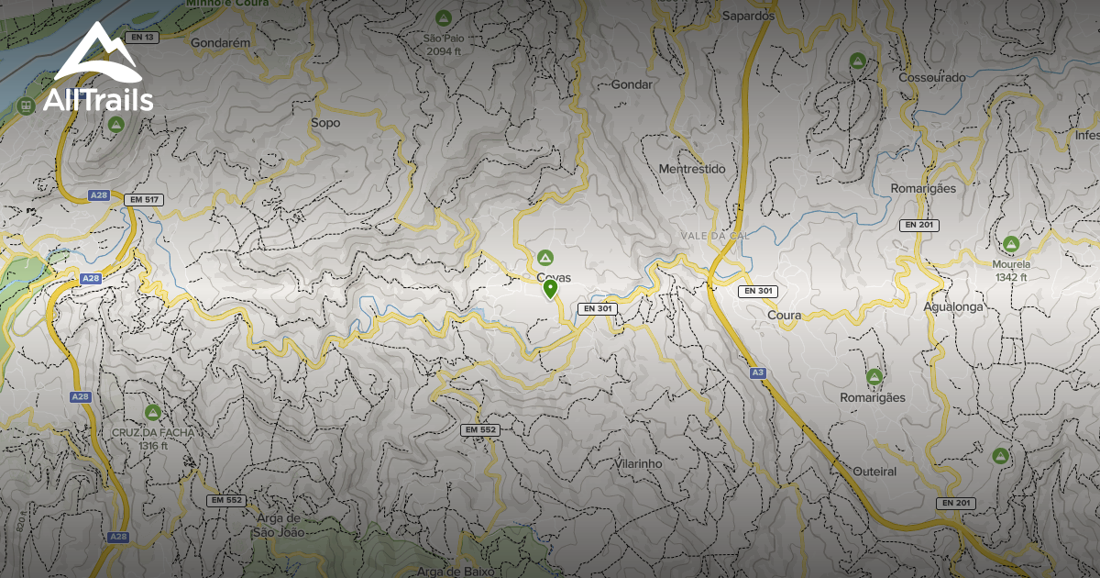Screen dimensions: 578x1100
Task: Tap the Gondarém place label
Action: point(221,42)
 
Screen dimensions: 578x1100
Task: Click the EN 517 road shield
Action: point(144,199)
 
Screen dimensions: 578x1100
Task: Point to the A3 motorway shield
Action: point(757,372)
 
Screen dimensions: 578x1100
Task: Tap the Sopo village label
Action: point(325,123)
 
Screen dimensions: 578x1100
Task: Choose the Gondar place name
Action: point(632,84)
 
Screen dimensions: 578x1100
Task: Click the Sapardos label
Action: point(749,16)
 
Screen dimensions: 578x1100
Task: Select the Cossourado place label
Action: point(932,78)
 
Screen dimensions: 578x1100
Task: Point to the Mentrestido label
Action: point(692,169)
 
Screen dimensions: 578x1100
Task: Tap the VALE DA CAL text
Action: point(715,236)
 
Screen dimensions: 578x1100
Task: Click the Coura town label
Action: point(784,315)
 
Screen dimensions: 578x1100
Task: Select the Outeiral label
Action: point(874,472)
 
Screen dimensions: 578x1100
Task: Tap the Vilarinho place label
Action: point(638,464)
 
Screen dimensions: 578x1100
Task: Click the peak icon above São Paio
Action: point(444,18)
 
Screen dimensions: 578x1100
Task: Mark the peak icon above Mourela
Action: point(1011,244)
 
